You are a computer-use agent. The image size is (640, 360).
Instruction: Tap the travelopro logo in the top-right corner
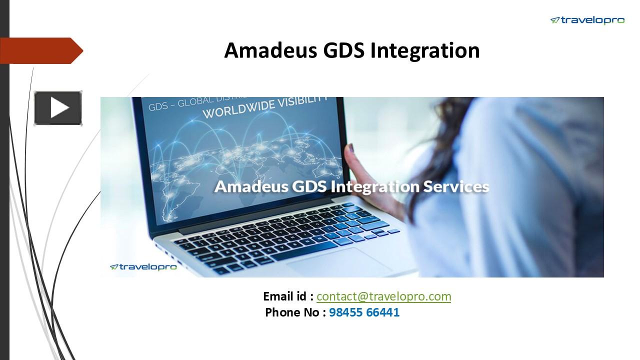click(587, 20)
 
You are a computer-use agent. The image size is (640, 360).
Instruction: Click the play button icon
click(58, 108)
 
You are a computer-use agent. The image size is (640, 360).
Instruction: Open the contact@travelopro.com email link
click(383, 296)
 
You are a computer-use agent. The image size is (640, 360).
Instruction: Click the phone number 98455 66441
click(364, 313)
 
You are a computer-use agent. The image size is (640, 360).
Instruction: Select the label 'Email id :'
click(288, 296)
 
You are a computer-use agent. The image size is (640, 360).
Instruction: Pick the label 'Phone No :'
click(295, 313)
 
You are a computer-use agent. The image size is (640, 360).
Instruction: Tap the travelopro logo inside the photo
click(143, 267)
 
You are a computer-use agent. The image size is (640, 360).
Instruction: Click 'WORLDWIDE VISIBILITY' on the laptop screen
click(265, 106)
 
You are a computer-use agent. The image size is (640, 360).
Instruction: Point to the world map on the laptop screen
click(225, 155)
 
